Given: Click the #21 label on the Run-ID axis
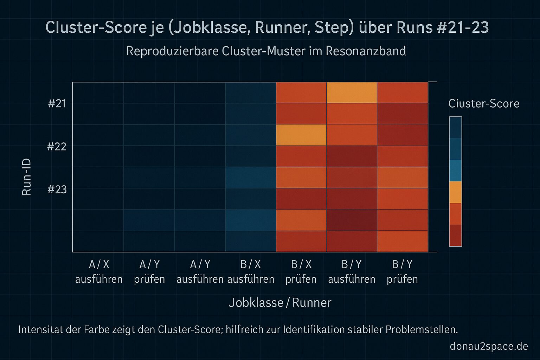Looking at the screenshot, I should [x=57, y=104].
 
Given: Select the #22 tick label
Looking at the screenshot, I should [x=57, y=146].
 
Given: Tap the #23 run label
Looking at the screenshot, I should [x=57, y=190].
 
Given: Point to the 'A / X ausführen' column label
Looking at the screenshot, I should [x=99, y=272].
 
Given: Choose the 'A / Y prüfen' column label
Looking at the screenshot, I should [x=149, y=272].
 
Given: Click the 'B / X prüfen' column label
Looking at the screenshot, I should [x=301, y=272].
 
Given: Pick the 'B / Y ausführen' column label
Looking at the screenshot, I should [x=352, y=272].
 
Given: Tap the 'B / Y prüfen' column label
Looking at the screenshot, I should [x=402, y=272].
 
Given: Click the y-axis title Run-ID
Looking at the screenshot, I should [x=27, y=177].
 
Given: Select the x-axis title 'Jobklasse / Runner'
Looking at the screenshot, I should [x=280, y=303].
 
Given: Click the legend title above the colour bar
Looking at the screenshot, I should [x=484, y=104].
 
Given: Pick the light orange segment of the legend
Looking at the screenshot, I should [x=455, y=192].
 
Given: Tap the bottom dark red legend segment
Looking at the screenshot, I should [x=455, y=235].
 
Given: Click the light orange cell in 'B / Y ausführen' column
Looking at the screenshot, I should [x=352, y=93].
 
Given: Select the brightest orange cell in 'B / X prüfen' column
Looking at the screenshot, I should [x=301, y=135].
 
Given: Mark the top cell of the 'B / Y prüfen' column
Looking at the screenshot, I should [x=402, y=93].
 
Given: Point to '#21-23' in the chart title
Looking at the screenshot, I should [x=463, y=28].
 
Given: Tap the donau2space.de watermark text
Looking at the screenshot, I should [x=489, y=346].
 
